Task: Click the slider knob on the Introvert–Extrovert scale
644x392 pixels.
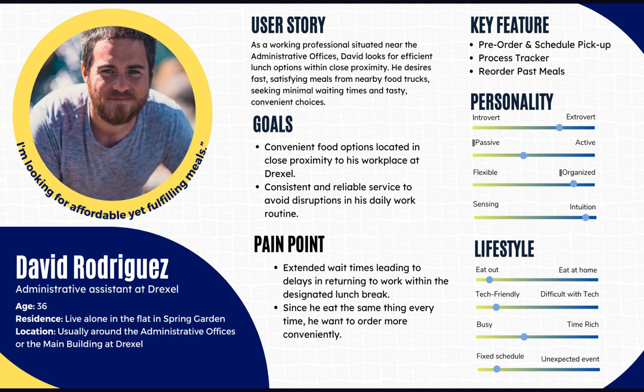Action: pos(559,128)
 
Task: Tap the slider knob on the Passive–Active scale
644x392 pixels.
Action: pos(524,155)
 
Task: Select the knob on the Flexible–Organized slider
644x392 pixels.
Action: pos(573,184)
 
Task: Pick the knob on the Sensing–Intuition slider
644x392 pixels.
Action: pos(585,217)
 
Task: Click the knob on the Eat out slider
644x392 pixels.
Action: pos(489,280)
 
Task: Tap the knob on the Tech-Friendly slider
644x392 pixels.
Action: pos(496,307)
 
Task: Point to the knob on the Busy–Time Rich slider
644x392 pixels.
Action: pos(524,337)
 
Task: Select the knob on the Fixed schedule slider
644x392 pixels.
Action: pos(496,369)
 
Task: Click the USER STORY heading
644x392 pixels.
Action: pos(288,25)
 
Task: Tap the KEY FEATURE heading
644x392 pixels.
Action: pos(510,25)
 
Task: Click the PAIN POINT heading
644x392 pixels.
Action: pos(289,244)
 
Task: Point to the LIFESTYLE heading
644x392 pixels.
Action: pos(504,249)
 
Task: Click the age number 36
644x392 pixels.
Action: pos(42,306)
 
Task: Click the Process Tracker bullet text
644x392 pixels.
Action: pos(514,58)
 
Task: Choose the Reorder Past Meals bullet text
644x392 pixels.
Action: pos(521,71)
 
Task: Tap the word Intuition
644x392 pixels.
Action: pos(583,207)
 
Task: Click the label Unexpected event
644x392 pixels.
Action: pos(570,359)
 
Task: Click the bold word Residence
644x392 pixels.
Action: pos(39,319)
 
